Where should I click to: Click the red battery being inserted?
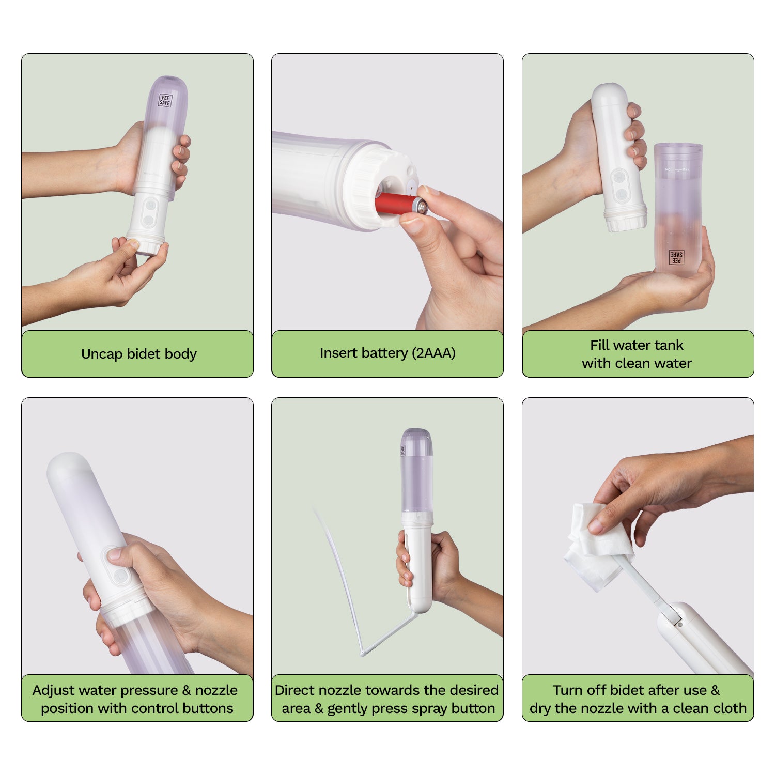click(x=396, y=203)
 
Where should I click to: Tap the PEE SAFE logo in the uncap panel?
click(x=165, y=100)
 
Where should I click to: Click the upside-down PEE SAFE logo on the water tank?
click(x=676, y=257)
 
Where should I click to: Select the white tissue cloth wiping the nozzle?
click(x=594, y=548)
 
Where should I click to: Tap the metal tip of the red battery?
click(x=422, y=207)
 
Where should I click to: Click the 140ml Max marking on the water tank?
click(x=677, y=169)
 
